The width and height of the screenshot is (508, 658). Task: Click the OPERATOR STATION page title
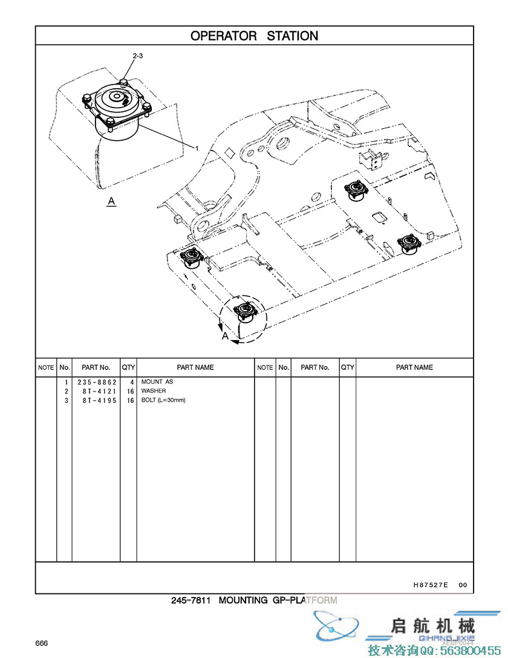click(254, 36)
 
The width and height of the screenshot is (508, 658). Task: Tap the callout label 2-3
click(137, 56)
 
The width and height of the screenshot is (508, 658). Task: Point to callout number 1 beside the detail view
click(196, 147)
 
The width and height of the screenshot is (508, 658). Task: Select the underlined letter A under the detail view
click(111, 201)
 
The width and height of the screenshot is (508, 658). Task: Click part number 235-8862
click(97, 382)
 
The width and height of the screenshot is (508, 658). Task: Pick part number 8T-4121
click(97, 392)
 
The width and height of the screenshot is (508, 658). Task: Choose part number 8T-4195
click(97, 400)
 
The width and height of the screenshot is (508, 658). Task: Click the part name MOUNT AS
click(157, 382)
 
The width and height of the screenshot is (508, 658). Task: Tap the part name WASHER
click(154, 392)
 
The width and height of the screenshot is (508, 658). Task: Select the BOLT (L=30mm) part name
click(163, 400)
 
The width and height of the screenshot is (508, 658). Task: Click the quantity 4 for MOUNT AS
click(131, 382)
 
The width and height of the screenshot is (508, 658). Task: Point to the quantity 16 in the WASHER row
click(130, 392)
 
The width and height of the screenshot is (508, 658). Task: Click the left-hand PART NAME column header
click(195, 367)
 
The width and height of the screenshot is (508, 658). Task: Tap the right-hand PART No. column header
click(314, 367)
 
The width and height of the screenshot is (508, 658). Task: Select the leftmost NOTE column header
click(46, 367)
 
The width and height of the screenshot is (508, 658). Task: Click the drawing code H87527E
click(431, 585)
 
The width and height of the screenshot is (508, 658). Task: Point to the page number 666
click(42, 643)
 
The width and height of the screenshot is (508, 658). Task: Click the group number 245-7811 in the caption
click(190, 600)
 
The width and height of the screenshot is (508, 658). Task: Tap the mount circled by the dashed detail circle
click(245, 311)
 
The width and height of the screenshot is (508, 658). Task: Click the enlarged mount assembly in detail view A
click(118, 109)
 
